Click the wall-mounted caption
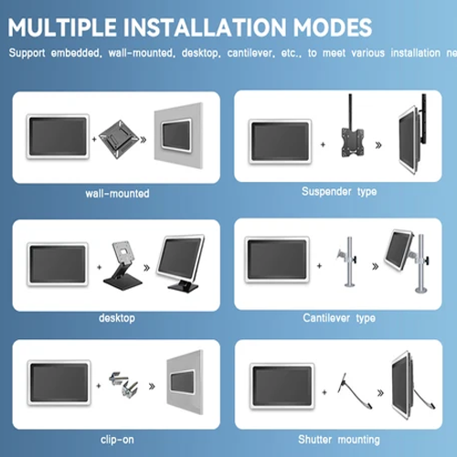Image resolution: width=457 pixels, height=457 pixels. [x=116, y=194]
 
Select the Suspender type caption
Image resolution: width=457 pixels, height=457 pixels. [x=339, y=192]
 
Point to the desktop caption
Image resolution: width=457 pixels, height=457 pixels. [x=116, y=318]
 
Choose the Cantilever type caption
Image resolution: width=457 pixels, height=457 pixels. [x=339, y=318]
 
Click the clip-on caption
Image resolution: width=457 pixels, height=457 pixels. [x=116, y=440]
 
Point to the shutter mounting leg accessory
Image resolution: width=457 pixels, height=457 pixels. [x=349, y=384]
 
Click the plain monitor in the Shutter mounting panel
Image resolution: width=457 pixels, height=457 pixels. [x=283, y=383]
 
